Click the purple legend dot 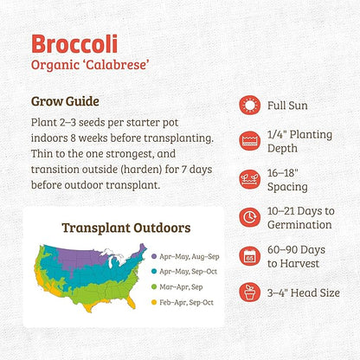click(153, 256)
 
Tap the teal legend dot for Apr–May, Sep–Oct click(153, 272)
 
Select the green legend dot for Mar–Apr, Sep click(153, 286)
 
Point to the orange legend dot click(153, 302)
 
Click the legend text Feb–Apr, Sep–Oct click(186, 302)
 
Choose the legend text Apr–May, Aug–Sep click(187, 256)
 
